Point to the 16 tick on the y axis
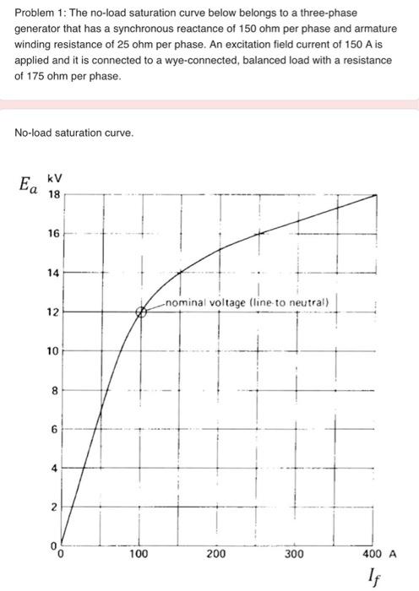coord(53,234)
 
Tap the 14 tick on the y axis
coord(53,273)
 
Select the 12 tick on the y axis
coord(53,312)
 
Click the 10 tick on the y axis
coord(53,351)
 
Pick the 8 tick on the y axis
coord(53,390)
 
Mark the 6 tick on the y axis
coord(53,429)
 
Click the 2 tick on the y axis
coord(53,507)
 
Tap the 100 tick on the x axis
coord(139,555)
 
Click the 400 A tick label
coord(378,555)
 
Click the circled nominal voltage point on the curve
coord(142,312)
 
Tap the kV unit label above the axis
coord(54,179)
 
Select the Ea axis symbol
coord(28,184)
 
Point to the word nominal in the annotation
coord(187,302)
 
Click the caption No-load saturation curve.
coord(74,133)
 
